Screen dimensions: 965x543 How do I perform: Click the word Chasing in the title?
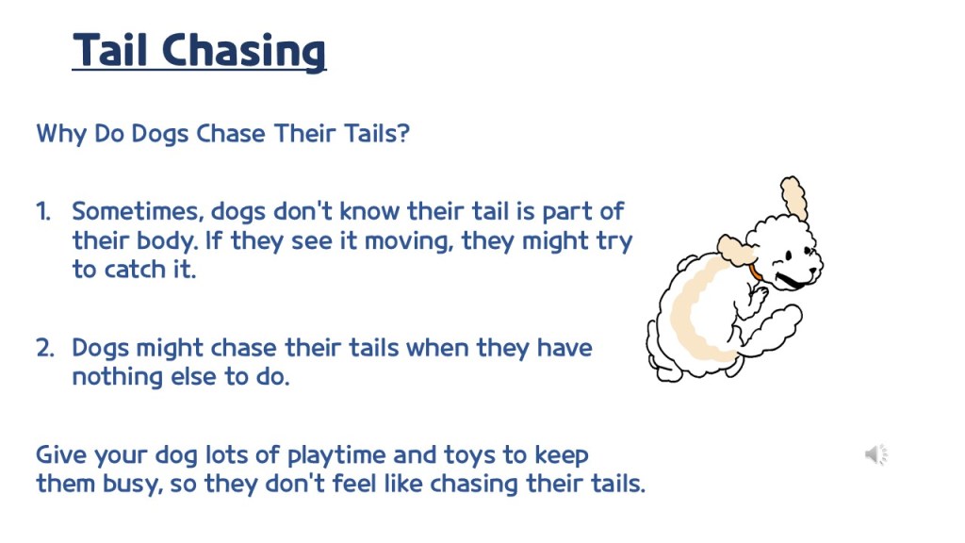point(244,51)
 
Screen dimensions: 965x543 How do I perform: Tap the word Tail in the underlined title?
point(110,49)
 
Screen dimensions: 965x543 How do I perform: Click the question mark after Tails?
point(403,133)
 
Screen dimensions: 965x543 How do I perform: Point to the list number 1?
point(43,211)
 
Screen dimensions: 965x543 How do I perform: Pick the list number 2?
point(45,348)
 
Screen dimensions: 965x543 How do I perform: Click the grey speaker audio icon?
point(876,455)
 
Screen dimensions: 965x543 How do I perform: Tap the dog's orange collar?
point(755,271)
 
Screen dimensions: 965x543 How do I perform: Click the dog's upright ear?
point(793,197)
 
